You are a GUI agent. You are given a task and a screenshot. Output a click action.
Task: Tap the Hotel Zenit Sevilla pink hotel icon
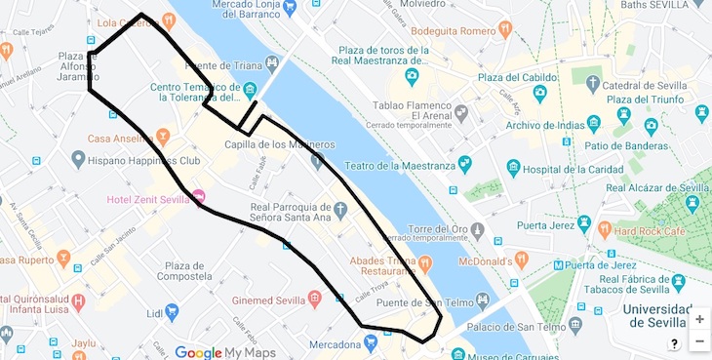[199, 198]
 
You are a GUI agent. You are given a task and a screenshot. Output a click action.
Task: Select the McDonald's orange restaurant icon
[522, 260]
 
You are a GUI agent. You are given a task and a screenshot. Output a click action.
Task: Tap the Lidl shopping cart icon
[172, 312]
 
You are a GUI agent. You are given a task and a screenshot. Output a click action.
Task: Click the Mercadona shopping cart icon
[371, 342]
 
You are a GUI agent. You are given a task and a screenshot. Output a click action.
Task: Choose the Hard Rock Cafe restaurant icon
[605, 230]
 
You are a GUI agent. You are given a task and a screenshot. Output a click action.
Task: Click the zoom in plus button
[698, 319]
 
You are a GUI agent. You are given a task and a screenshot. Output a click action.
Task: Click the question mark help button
[674, 343]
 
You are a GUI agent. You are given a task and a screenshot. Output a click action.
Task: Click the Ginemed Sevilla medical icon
[314, 298]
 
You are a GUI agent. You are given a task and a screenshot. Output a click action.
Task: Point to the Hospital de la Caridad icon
[513, 169]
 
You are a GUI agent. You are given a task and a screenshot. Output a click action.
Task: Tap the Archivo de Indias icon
[593, 124]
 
